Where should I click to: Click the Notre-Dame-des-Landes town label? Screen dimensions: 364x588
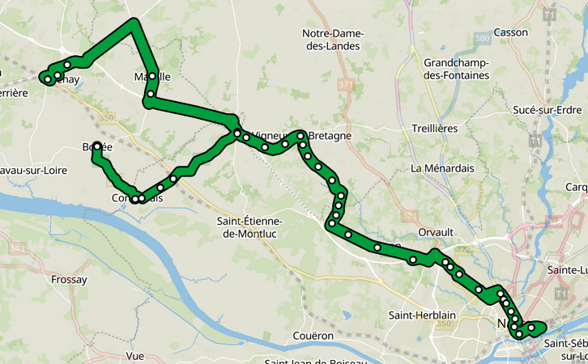tap(334, 40)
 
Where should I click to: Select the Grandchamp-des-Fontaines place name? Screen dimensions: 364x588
tap(457, 69)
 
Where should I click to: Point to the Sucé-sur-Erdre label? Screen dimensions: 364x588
tap(548, 109)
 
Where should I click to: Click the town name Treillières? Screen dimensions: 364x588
tap(435, 129)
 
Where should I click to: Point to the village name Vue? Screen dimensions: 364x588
tap(135, 356)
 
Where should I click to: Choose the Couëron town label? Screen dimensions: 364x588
tap(314, 335)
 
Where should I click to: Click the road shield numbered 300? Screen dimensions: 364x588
tap(484, 38)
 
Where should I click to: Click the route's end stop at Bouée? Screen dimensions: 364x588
tap(96, 146)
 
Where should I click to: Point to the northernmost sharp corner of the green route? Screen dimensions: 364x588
tap(134, 22)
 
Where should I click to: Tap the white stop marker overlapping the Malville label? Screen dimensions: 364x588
tap(152, 76)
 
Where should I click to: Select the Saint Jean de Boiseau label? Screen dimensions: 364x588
tap(315, 361)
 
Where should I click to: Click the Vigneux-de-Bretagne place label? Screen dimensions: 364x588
tap(301, 136)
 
